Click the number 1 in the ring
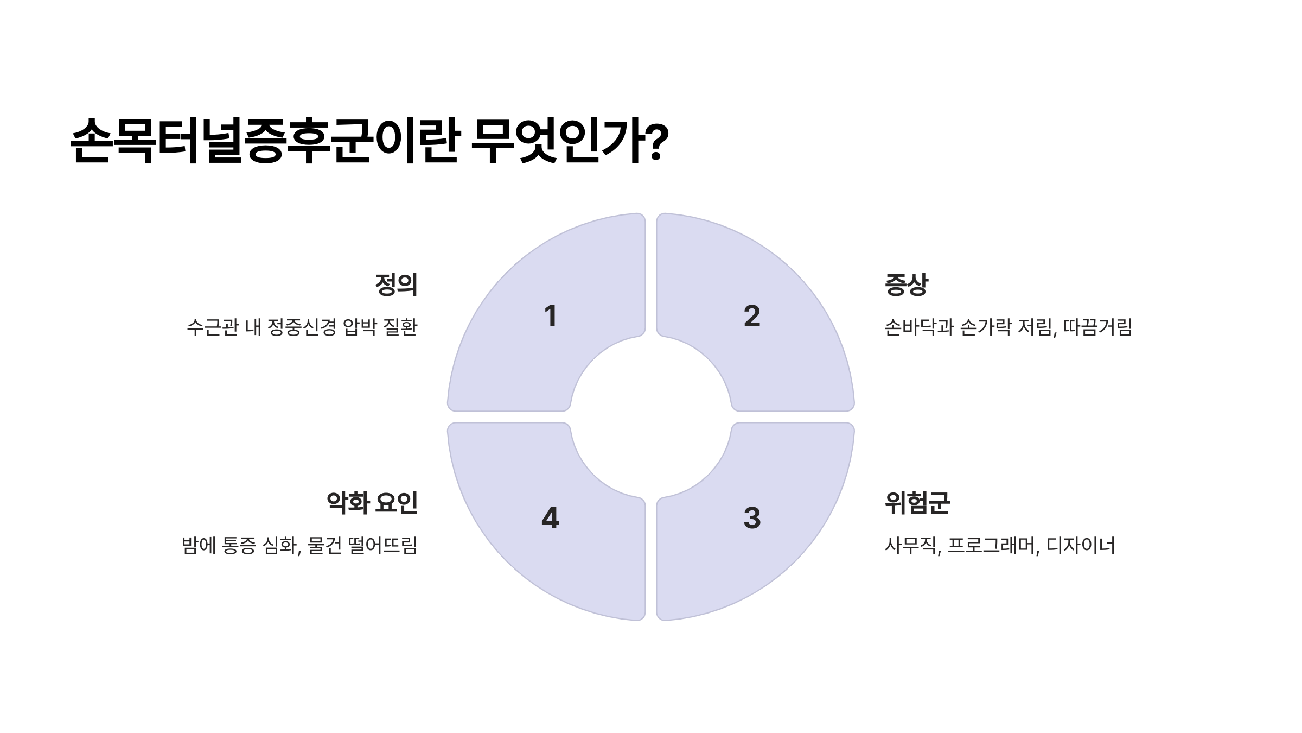click(550, 316)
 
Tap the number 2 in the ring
click(752, 316)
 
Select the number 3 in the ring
click(752, 518)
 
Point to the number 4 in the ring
click(550, 518)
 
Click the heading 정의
click(396, 285)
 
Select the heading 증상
click(907, 285)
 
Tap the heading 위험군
click(917, 503)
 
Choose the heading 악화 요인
click(372, 503)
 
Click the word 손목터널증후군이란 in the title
click(266, 141)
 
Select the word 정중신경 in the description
click(302, 327)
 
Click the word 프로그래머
click(992, 546)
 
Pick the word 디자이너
click(1080, 546)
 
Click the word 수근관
click(213, 327)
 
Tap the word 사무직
click(911, 546)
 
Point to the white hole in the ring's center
click(651, 417)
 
